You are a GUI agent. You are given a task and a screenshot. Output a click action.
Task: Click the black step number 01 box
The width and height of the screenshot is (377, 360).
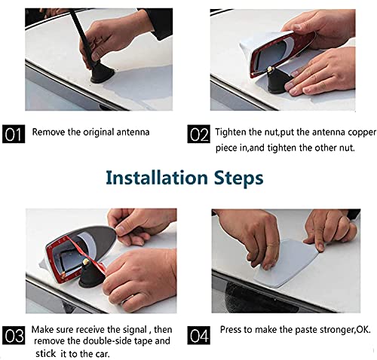[x=14, y=134]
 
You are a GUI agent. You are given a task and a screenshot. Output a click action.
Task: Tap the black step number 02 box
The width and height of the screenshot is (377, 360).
[x=198, y=134]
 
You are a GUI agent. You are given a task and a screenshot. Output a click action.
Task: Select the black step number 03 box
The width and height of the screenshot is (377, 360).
[x=14, y=335]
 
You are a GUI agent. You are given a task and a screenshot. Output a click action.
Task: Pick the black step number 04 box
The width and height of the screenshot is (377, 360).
[x=198, y=335]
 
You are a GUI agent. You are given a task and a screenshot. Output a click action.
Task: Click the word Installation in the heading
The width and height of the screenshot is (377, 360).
[x=157, y=178]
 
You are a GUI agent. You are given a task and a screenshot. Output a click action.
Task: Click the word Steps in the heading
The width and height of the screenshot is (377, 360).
[x=238, y=178]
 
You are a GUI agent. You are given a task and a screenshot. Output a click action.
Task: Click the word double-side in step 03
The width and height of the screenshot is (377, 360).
[x=108, y=341]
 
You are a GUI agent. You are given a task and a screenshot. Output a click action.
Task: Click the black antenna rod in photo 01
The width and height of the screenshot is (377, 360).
[x=82, y=35]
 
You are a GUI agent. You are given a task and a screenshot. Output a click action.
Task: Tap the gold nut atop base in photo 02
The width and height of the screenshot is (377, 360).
[x=270, y=68]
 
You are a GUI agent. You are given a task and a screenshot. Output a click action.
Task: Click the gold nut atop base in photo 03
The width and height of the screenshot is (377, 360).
[x=86, y=261]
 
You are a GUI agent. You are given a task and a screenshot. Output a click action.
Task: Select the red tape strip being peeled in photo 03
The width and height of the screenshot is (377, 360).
[x=85, y=254]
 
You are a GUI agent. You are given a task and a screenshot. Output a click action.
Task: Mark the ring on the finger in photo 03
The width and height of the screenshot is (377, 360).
[x=127, y=299]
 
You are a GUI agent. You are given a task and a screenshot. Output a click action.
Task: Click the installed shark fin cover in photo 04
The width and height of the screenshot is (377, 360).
[x=285, y=264]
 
